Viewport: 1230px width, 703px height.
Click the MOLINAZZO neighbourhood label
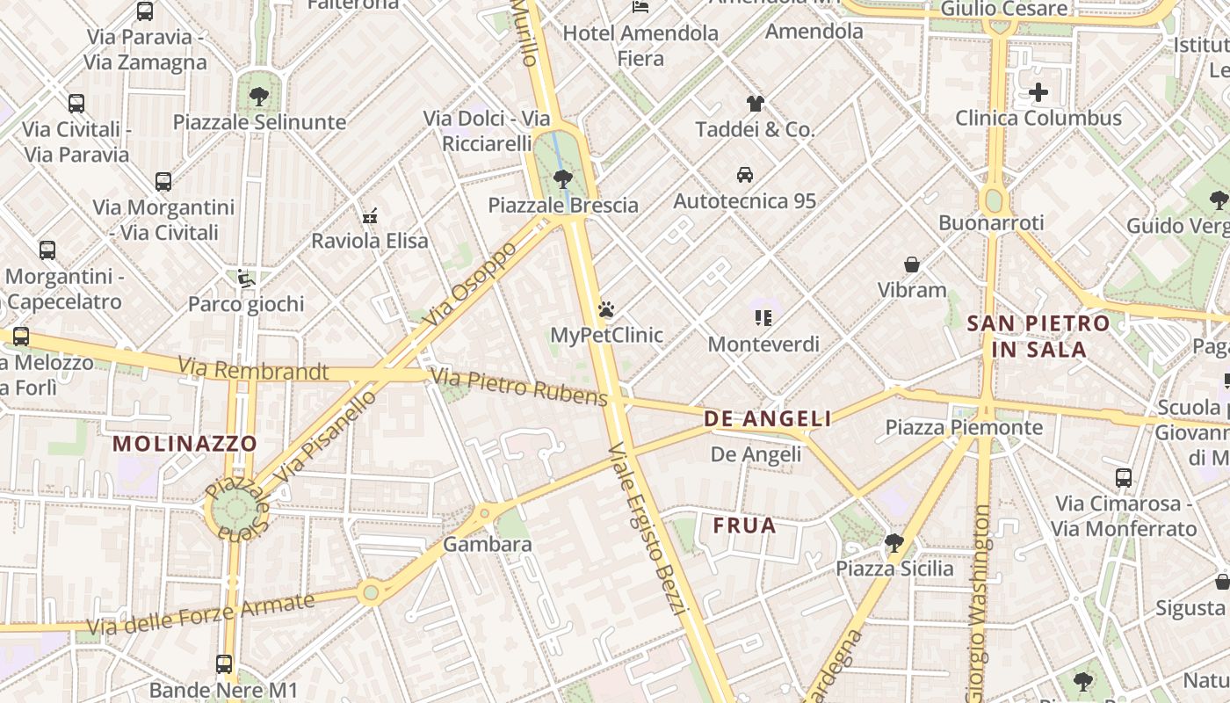[x=184, y=444]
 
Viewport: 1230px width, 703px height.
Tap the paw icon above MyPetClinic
[x=606, y=309]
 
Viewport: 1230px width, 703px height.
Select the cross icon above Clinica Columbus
[x=1038, y=92]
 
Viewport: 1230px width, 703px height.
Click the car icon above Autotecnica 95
[x=745, y=175]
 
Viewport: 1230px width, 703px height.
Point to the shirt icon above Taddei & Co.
[x=755, y=104]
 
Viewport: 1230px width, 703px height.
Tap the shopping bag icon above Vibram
[x=912, y=265]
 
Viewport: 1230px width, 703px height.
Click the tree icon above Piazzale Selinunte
[x=259, y=96]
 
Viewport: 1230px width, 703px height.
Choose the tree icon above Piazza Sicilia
[x=894, y=542]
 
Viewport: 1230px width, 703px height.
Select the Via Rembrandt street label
[x=252, y=369]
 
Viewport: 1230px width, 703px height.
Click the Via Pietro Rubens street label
[x=519, y=388]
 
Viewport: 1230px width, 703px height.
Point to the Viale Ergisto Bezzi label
[x=645, y=527]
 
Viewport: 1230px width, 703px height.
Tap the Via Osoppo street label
[x=470, y=283]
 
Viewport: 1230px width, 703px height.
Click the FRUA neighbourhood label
[x=744, y=526]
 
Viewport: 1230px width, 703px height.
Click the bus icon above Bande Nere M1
[x=224, y=664]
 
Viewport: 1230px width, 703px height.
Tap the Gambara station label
[x=487, y=545]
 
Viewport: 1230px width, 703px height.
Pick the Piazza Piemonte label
[x=964, y=428]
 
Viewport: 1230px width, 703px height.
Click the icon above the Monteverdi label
[x=763, y=318]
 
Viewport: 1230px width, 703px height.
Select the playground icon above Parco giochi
[x=246, y=279]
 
